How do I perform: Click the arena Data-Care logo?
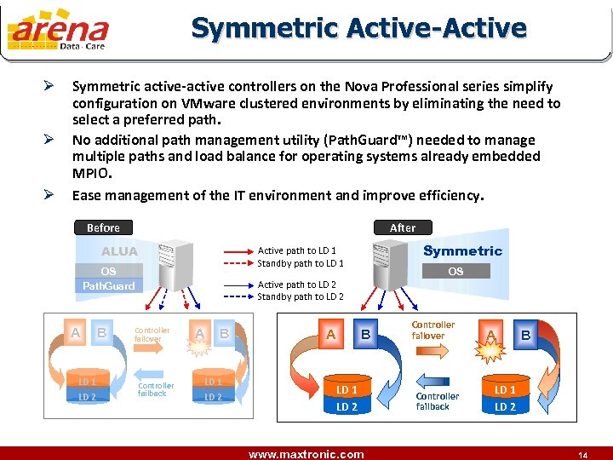pos(58,32)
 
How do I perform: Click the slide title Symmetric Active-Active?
pos(358,27)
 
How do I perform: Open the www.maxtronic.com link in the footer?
pos(306,453)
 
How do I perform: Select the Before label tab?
pos(103,227)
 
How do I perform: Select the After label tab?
pos(403,227)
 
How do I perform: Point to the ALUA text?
pos(119,251)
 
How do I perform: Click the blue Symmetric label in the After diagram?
pos(462,250)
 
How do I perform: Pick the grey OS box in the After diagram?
pos(455,272)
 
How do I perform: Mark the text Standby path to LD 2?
pos(301,296)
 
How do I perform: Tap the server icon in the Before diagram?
pos(175,262)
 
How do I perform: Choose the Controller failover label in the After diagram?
pos(433,331)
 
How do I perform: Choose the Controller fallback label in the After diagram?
pos(437,401)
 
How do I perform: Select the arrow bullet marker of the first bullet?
pos(49,86)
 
